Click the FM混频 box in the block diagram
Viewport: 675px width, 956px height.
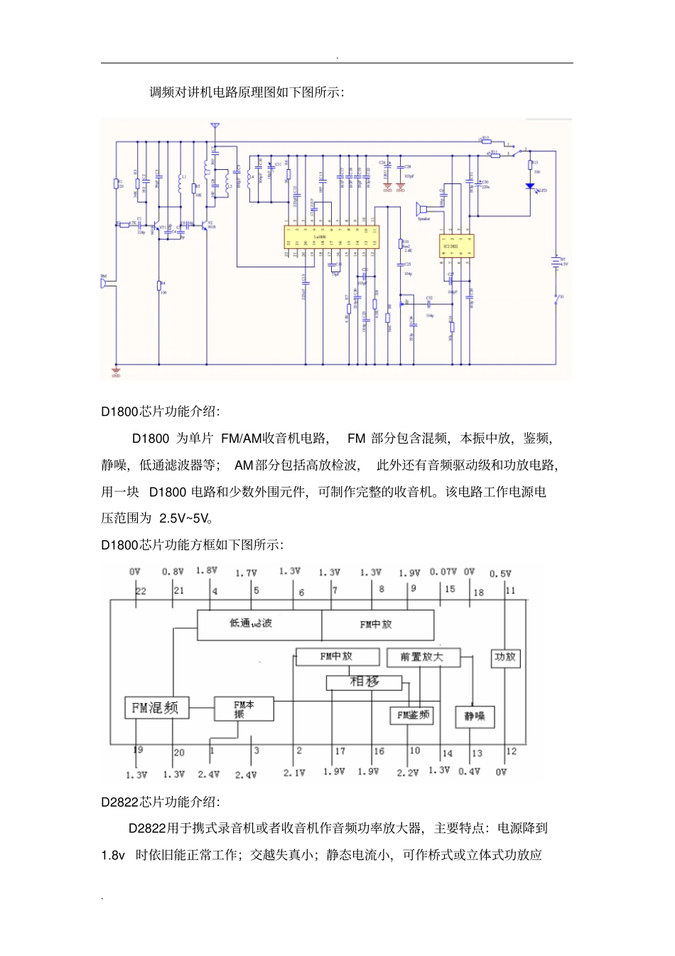click(x=156, y=708)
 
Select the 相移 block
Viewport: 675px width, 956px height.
click(x=364, y=682)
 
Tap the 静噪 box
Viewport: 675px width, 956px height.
click(x=475, y=716)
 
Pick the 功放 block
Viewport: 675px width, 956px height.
click(x=505, y=657)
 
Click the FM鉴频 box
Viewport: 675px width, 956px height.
click(x=412, y=716)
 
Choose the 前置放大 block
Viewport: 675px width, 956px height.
click(x=422, y=657)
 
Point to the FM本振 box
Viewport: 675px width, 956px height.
click(x=244, y=709)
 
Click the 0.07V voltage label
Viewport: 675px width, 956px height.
click(x=443, y=572)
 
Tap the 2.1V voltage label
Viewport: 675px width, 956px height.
click(x=294, y=773)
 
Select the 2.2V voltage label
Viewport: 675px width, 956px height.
click(x=407, y=773)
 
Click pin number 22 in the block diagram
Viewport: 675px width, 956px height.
click(x=141, y=591)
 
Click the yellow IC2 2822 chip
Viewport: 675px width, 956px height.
click(x=456, y=246)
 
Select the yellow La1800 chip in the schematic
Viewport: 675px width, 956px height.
click(x=330, y=237)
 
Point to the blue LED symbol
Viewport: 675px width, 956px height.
click(x=529, y=187)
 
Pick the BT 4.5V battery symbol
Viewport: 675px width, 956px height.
click(x=556, y=262)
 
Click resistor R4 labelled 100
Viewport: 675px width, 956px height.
click(x=160, y=286)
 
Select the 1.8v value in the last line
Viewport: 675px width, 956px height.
click(x=113, y=855)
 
